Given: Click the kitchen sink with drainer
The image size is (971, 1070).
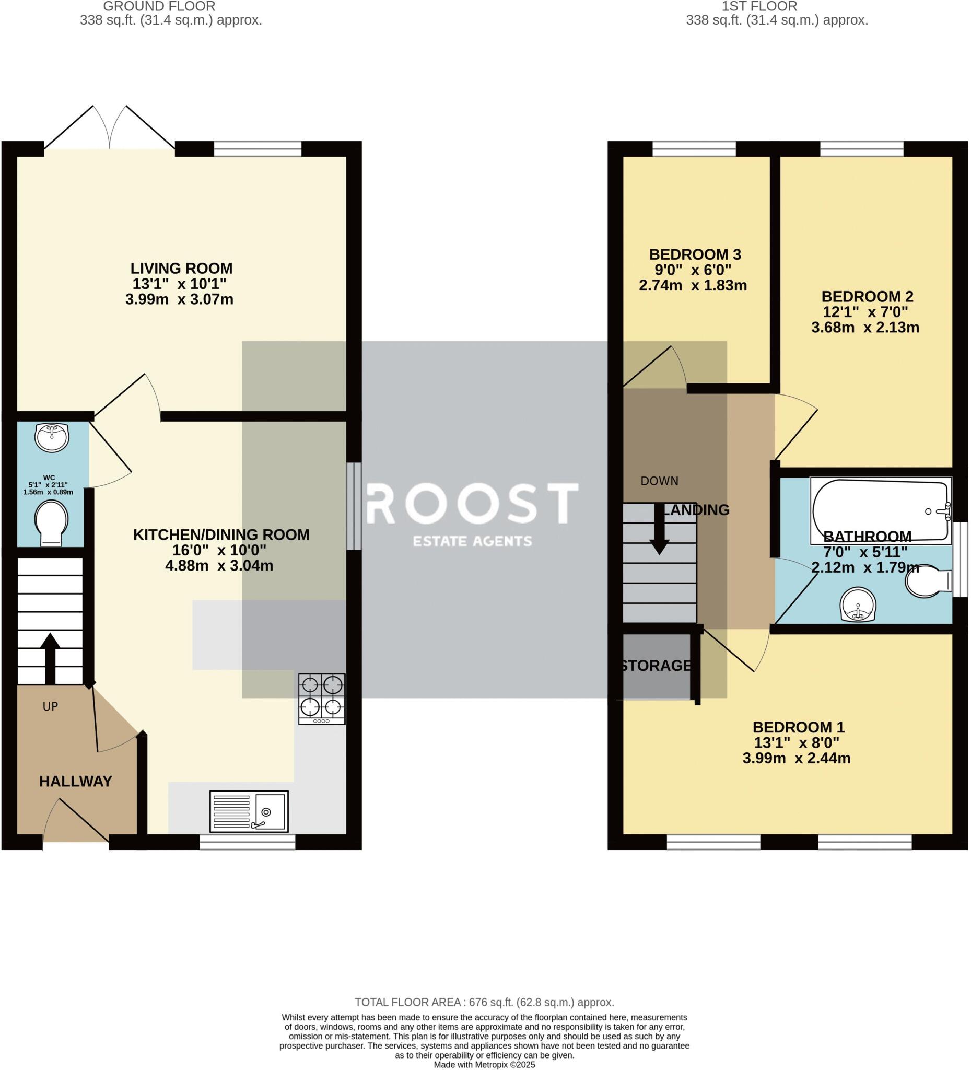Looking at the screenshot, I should click(x=249, y=811).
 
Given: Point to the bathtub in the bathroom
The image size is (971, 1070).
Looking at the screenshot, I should click(x=880, y=510).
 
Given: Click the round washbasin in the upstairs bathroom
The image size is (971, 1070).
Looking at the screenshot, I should click(x=858, y=604).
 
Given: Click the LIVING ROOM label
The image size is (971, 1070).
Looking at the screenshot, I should click(x=181, y=268).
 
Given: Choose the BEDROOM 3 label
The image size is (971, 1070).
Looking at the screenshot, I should click(x=695, y=254).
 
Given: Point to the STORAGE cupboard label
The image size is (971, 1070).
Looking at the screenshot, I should click(x=656, y=666).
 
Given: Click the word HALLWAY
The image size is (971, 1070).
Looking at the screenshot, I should click(x=75, y=781).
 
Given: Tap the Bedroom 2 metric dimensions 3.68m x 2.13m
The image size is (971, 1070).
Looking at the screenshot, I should click(x=865, y=328).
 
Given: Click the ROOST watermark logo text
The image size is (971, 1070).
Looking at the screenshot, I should click(x=472, y=503).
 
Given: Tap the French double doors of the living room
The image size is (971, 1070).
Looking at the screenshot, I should click(x=109, y=127).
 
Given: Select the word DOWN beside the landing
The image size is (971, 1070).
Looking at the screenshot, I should click(x=659, y=481).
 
